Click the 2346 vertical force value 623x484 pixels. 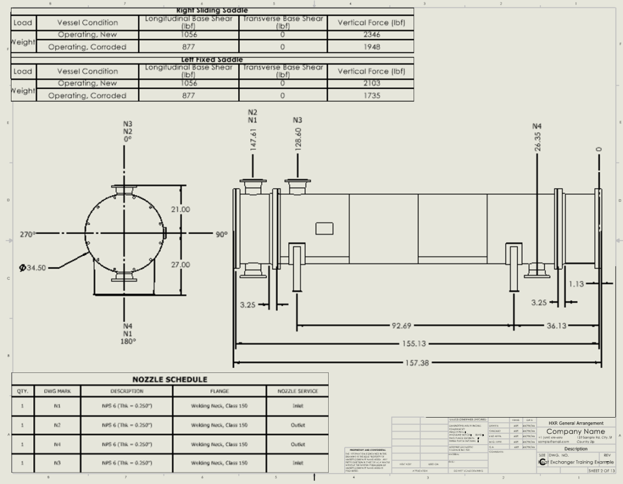(372, 35)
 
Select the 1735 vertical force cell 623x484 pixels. (372, 95)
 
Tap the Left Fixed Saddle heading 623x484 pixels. (212, 60)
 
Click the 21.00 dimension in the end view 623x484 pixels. (180, 210)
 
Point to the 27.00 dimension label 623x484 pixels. (180, 265)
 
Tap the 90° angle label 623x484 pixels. (222, 234)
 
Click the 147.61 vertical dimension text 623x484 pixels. (253, 140)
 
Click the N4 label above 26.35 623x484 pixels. (537, 126)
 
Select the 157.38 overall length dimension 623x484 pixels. (417, 363)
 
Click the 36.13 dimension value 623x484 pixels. (556, 326)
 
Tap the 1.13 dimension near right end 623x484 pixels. (576, 284)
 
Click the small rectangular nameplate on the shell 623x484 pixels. (324, 229)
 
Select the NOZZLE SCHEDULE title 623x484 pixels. (169, 379)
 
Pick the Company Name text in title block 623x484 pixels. (575, 432)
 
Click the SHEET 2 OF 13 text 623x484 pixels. (601, 471)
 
